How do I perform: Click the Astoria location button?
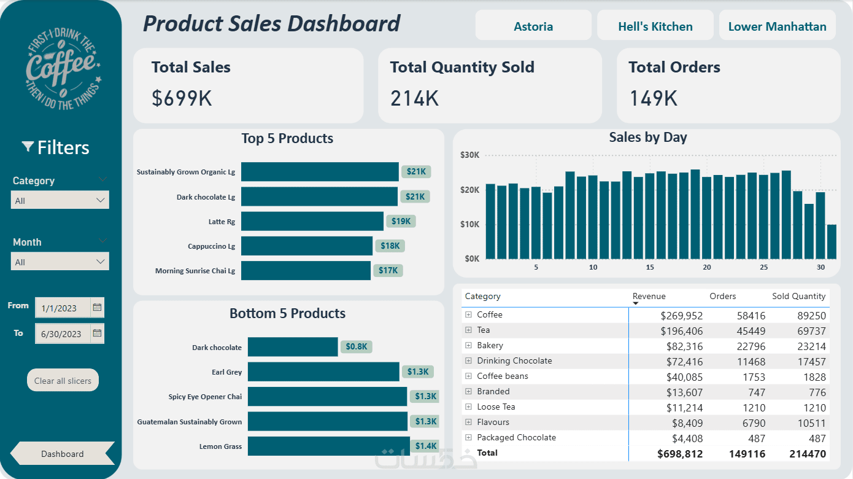pyautogui.click(x=533, y=26)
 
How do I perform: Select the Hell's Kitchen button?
pyautogui.click(x=655, y=26)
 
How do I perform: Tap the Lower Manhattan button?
pyautogui.click(x=777, y=26)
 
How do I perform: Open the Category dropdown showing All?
pyautogui.click(x=60, y=200)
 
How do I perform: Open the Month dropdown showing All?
pyautogui.click(x=60, y=262)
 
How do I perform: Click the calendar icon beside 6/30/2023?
pyautogui.click(x=97, y=333)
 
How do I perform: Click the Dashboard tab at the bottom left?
pyautogui.click(x=63, y=454)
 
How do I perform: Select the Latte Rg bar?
pyautogui.click(x=312, y=221)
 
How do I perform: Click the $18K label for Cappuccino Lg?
pyautogui.click(x=390, y=246)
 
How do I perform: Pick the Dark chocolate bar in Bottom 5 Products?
pyautogui.click(x=293, y=347)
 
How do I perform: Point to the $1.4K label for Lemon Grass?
pyautogui.click(x=425, y=446)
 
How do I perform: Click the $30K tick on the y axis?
pyautogui.click(x=470, y=155)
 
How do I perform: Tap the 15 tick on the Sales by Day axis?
pyautogui.click(x=650, y=267)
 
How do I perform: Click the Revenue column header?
pyautogui.click(x=649, y=296)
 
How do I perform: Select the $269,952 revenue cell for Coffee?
pyautogui.click(x=681, y=315)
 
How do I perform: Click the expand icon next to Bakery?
pyautogui.click(x=468, y=345)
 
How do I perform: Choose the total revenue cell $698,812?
pyautogui.click(x=680, y=454)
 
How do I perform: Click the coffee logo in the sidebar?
pyautogui.click(x=63, y=69)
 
